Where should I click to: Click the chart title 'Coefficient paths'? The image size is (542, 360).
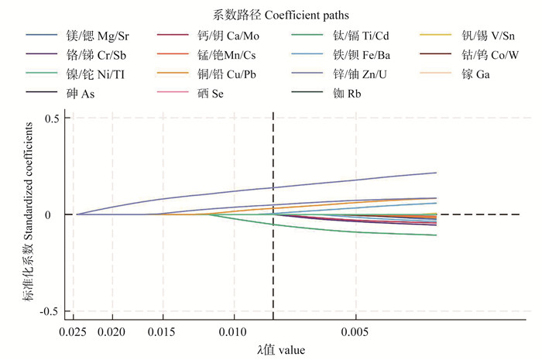coord(270,14)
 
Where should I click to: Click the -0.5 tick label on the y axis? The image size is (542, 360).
coord(50,310)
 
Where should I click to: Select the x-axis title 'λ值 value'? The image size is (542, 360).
coord(281,350)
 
